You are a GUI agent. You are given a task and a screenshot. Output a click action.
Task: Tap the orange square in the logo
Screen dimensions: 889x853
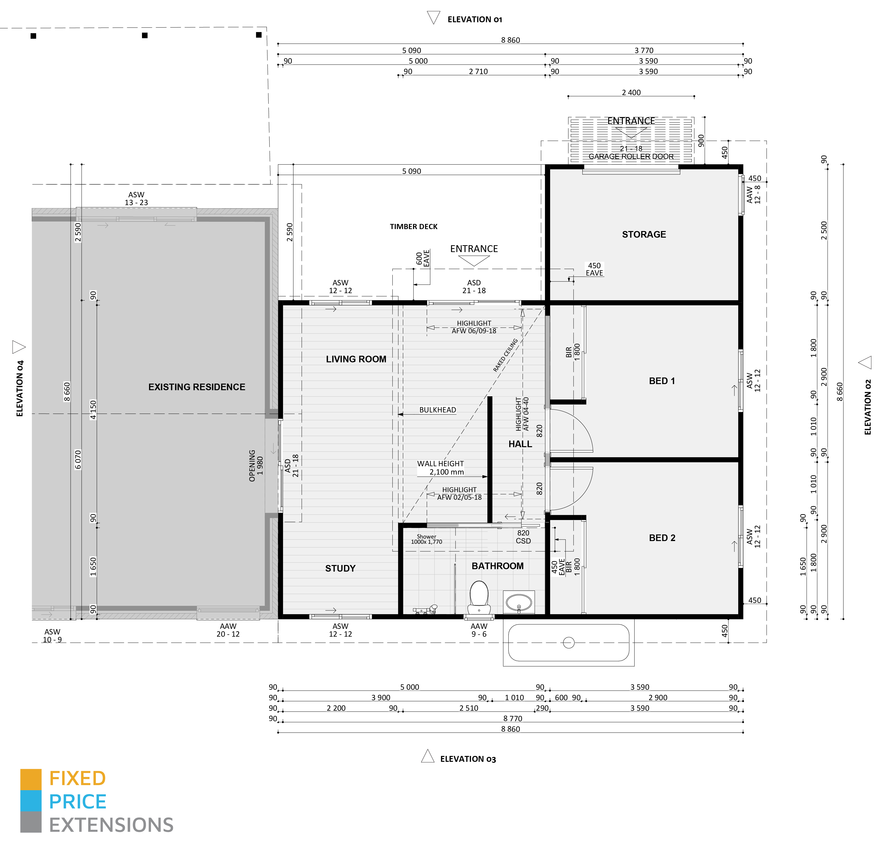31,779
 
